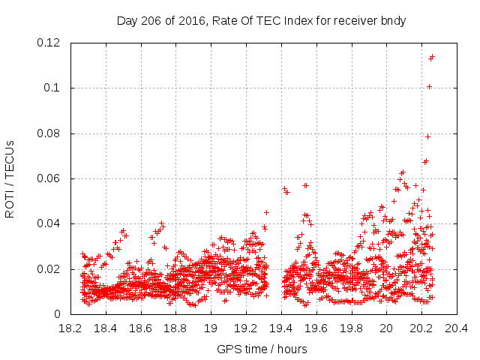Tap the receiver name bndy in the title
pyautogui.click(x=393, y=21)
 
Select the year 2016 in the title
pyautogui.click(x=187, y=21)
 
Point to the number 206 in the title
pyautogui.click(x=153, y=21)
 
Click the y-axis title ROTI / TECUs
pyautogui.click(x=10, y=178)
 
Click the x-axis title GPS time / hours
pyautogui.click(x=262, y=349)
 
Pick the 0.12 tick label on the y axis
pyautogui.click(x=49, y=43)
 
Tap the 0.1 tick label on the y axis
pyautogui.click(x=54, y=88)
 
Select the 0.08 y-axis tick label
pyautogui.click(x=49, y=133)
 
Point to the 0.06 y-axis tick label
pyautogui.click(x=49, y=178)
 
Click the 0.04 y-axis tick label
pyautogui.click(x=49, y=223)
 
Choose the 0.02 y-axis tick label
pyautogui.click(x=49, y=269)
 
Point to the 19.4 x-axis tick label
pyautogui.click(x=281, y=328)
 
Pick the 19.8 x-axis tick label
pyautogui.click(x=351, y=328)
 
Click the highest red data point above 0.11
pyautogui.click(x=432, y=56)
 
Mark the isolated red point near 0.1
pyautogui.click(x=429, y=86)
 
